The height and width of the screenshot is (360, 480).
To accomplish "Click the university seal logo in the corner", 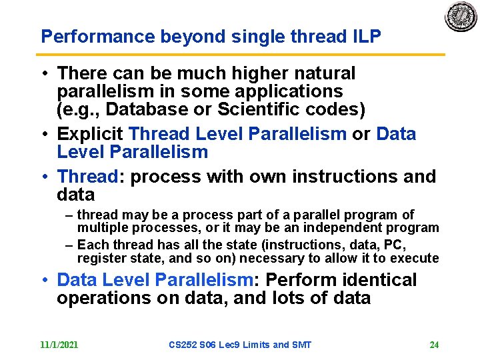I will click(461, 17).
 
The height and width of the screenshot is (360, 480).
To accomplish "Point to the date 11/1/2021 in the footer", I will click(59, 345).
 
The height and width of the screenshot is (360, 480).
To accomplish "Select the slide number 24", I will click(434, 345).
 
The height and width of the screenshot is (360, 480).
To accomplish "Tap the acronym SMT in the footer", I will click(301, 345).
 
